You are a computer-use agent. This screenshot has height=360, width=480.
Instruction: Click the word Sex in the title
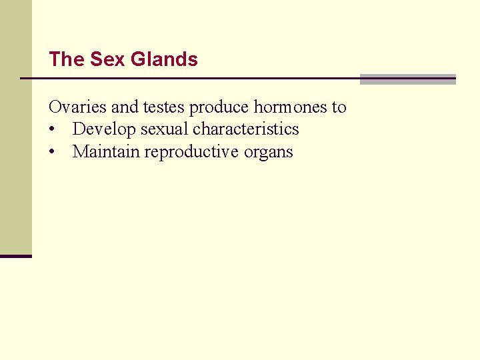pyautogui.click(x=107, y=59)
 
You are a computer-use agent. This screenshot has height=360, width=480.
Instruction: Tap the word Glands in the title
pyautogui.click(x=164, y=59)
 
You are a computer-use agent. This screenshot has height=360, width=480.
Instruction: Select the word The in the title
pyautogui.click(x=66, y=59)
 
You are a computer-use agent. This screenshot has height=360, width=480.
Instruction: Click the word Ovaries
pyautogui.click(x=73, y=107)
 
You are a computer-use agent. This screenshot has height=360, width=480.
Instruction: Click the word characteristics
pyautogui.click(x=246, y=129)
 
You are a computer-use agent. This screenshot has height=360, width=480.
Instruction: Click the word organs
pyautogui.click(x=268, y=152)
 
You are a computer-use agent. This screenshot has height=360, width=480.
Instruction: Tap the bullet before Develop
pyautogui.click(x=52, y=129)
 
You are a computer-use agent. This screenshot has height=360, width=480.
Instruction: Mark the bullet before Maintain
pyautogui.click(x=52, y=152)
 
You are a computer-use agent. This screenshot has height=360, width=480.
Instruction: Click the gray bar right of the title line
pyautogui.click(x=407, y=79)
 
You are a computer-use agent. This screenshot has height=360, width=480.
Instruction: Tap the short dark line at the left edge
pyautogui.click(x=15, y=256)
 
